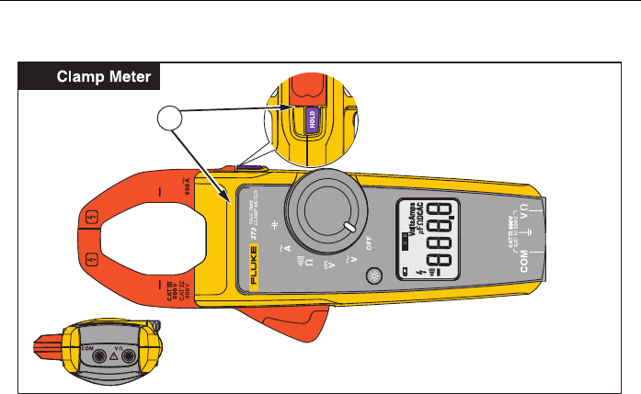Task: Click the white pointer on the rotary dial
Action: pos(349,227)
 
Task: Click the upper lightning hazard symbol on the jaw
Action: pos(92,220)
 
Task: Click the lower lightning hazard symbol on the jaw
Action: pos(92,258)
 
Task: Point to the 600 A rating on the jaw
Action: pos(188,190)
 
